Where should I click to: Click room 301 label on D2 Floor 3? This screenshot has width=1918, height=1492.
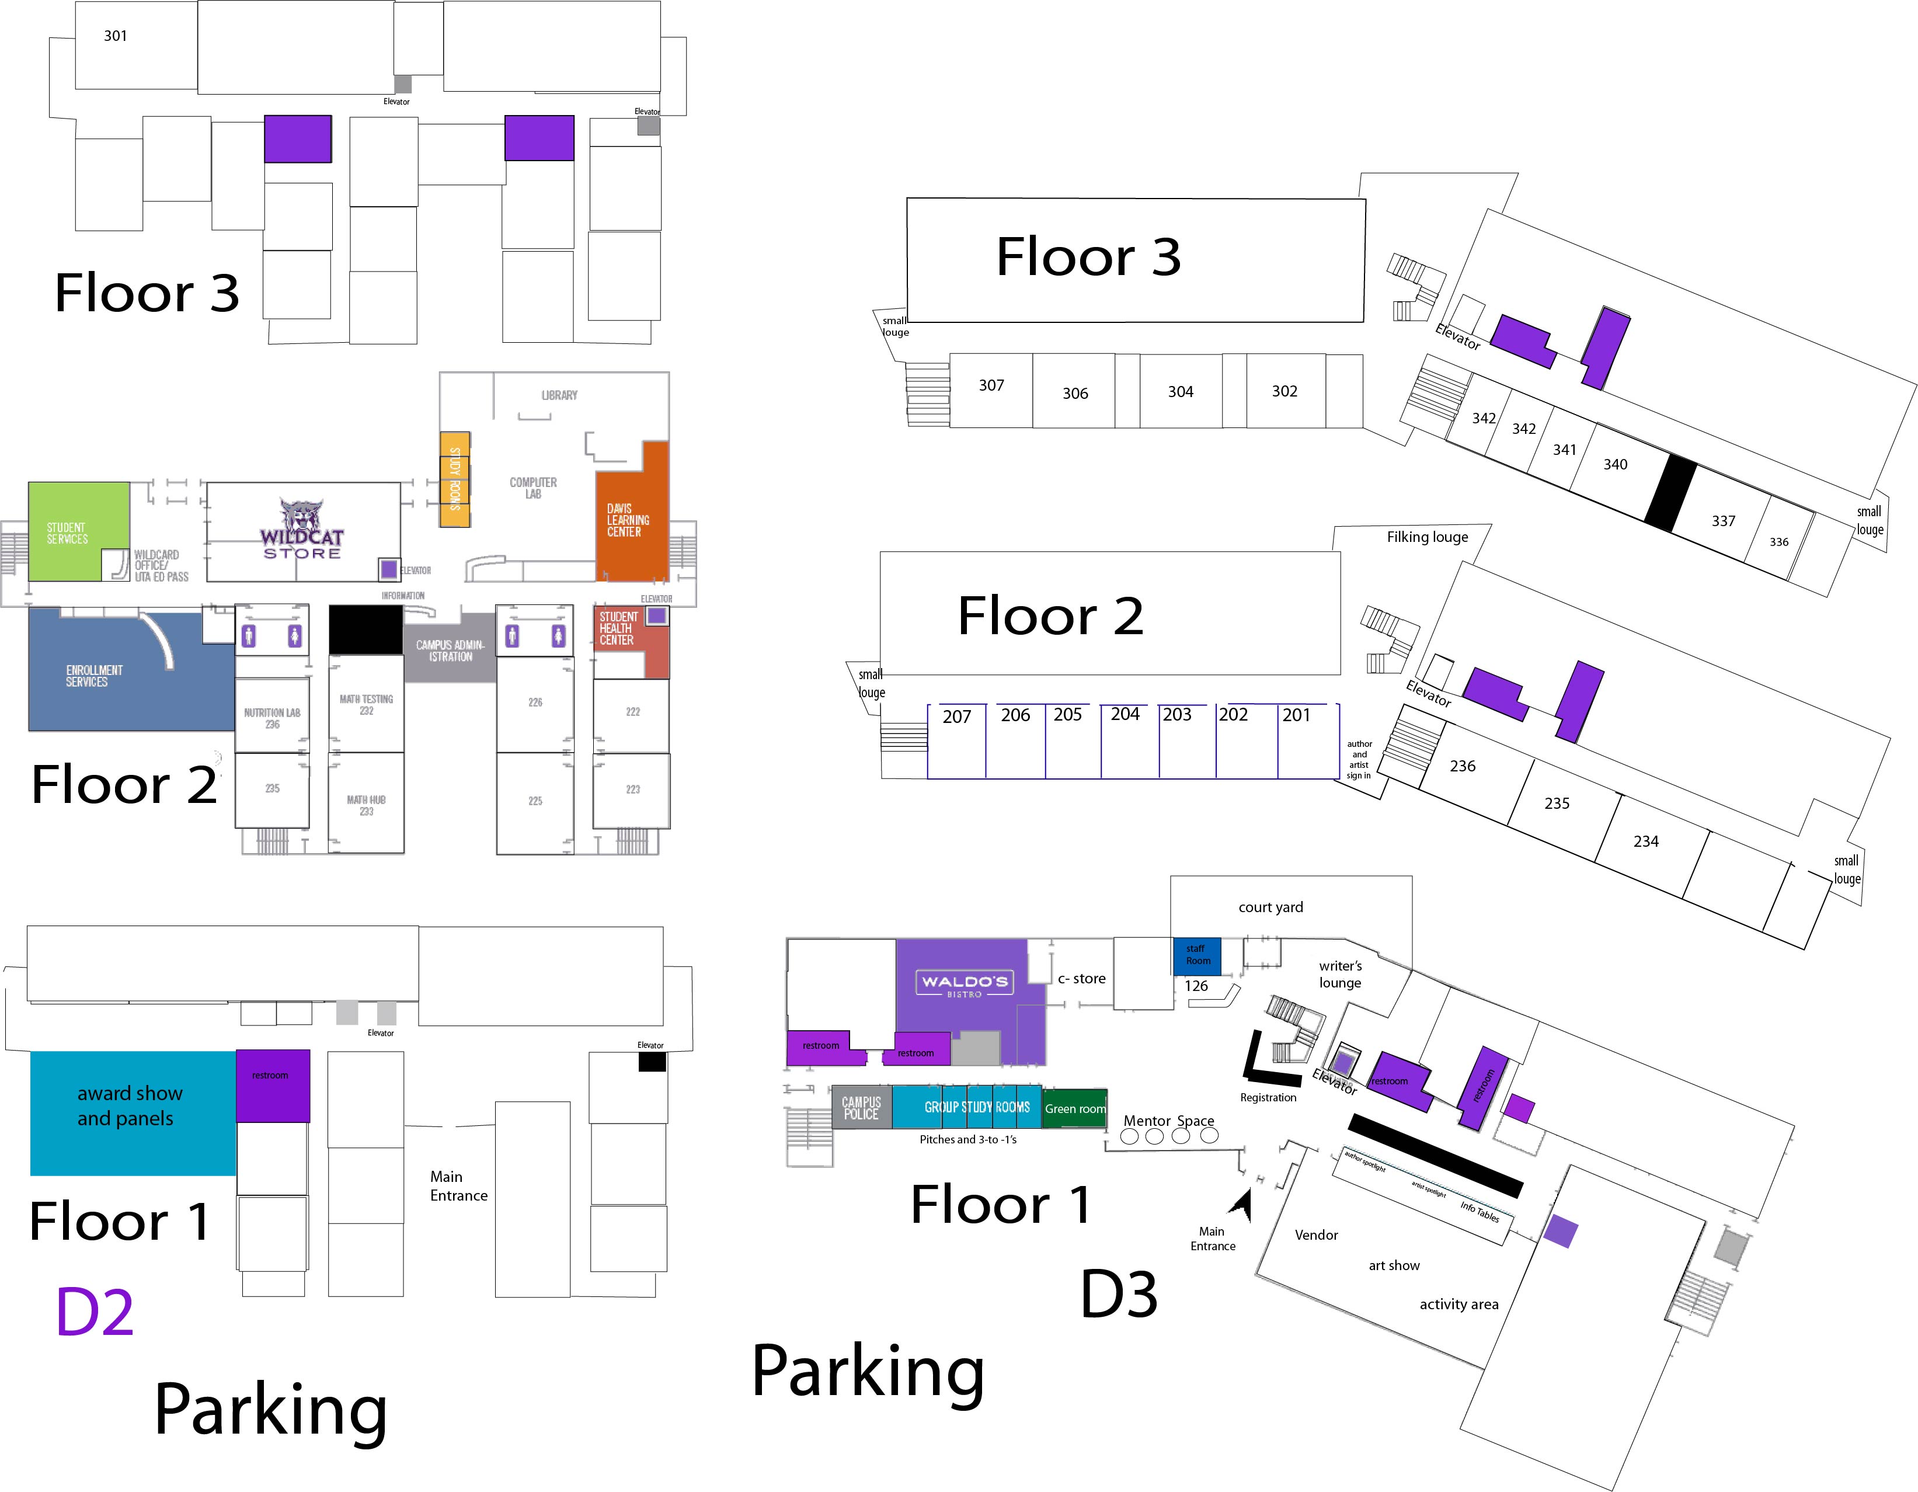coord(115,36)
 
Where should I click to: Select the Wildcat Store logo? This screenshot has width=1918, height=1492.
coord(301,530)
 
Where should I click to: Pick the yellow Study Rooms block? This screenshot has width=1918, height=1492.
coord(454,479)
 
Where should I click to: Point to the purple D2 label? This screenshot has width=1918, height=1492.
coord(95,1312)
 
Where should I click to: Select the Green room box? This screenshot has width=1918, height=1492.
coord(1074,1108)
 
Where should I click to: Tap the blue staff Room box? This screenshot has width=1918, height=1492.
coord(1197,955)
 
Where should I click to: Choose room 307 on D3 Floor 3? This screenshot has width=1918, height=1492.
coord(991,385)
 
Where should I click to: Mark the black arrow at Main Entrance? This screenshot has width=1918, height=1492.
coord(1241,1204)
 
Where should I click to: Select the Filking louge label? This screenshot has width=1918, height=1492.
coord(1426,537)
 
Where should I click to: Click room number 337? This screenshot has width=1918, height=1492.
coord(1723,521)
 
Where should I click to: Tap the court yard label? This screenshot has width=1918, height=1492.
coord(1270,907)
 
